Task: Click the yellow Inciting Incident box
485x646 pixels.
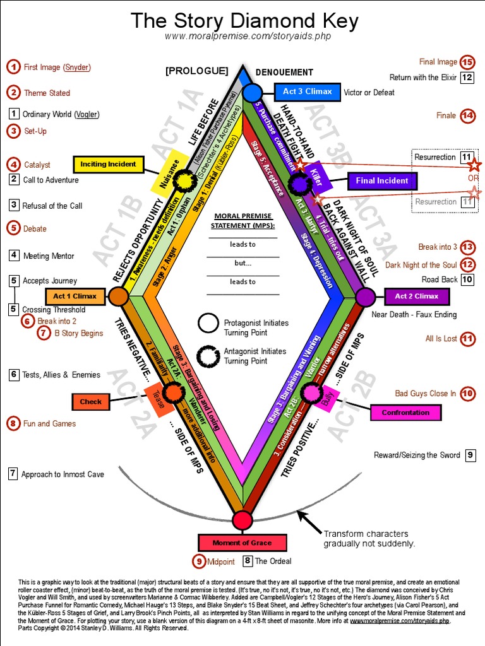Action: point(109,164)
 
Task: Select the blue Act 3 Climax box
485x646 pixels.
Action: point(307,92)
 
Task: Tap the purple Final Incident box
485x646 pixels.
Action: point(382,181)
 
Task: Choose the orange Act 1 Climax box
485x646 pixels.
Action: point(75,296)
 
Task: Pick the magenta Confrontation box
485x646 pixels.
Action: point(405,413)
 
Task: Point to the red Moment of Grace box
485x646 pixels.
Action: point(242,543)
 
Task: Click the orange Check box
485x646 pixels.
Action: point(91,401)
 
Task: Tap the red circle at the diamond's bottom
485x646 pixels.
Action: point(242,520)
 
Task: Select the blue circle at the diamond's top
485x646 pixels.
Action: point(252,93)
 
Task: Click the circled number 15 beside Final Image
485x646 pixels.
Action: point(467,62)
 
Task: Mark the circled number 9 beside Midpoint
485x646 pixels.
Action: point(199,560)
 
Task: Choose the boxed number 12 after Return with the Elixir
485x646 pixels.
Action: point(467,78)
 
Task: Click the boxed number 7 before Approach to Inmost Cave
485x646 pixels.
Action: point(13,474)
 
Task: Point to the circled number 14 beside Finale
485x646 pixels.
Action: point(467,115)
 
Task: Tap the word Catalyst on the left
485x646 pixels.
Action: point(37,165)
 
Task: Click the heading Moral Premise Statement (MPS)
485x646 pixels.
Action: point(242,221)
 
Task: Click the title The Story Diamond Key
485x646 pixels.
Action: point(244,21)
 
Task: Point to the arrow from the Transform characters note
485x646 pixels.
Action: point(309,520)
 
